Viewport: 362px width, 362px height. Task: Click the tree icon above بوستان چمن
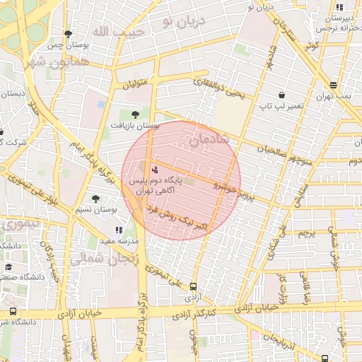click(x=68, y=34)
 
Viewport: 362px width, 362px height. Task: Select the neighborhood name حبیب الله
click(x=119, y=32)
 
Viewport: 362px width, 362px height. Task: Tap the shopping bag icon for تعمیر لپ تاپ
click(x=282, y=95)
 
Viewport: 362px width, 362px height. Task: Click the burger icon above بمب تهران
click(x=333, y=83)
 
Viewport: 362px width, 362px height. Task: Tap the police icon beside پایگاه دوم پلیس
click(x=155, y=169)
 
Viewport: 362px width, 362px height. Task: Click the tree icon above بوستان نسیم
click(x=95, y=199)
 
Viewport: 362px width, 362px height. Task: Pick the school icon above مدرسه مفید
click(x=119, y=229)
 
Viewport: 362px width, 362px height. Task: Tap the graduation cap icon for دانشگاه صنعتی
click(x=8, y=267)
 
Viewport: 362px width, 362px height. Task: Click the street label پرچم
click(x=305, y=233)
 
